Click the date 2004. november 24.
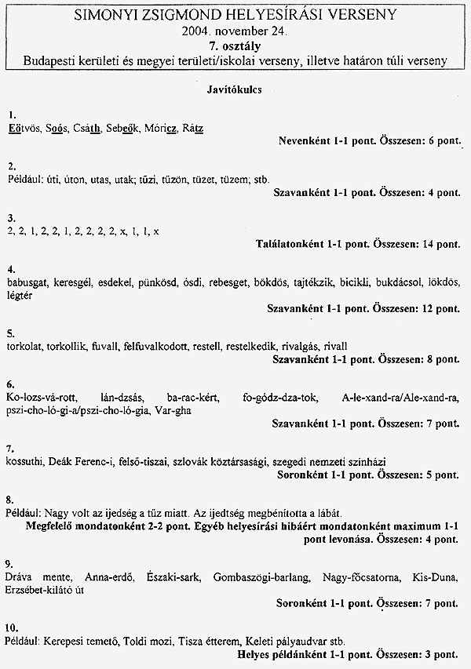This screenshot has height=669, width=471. (x=235, y=32)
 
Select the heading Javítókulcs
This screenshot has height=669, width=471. (x=235, y=90)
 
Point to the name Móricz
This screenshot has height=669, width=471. (x=161, y=128)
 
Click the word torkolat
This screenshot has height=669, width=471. (x=25, y=346)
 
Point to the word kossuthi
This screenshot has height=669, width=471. (x=24, y=462)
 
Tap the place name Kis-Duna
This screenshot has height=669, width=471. (x=438, y=578)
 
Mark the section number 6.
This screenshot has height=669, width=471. (x=9, y=384)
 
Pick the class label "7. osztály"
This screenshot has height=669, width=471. (x=235, y=46)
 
